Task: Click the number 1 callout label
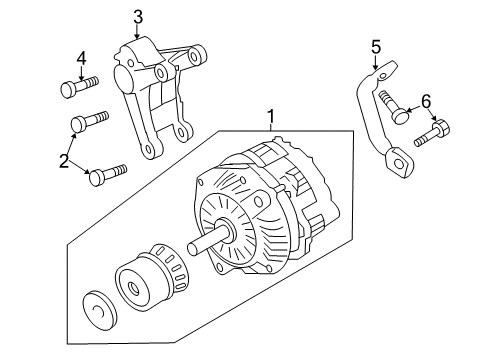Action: tap(269, 115)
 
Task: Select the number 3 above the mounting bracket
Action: tap(138, 15)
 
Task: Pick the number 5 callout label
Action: tap(376, 45)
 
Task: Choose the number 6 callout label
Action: tap(425, 100)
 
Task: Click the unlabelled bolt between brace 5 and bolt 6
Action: tap(394, 108)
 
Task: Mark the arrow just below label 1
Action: tap(269, 130)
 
